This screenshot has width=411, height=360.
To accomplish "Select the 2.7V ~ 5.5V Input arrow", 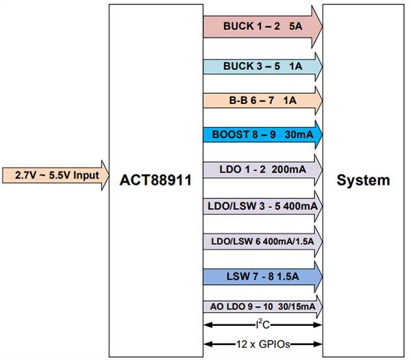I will point(55,175).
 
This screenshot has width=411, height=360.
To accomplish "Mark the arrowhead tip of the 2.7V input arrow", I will point(108,175).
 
